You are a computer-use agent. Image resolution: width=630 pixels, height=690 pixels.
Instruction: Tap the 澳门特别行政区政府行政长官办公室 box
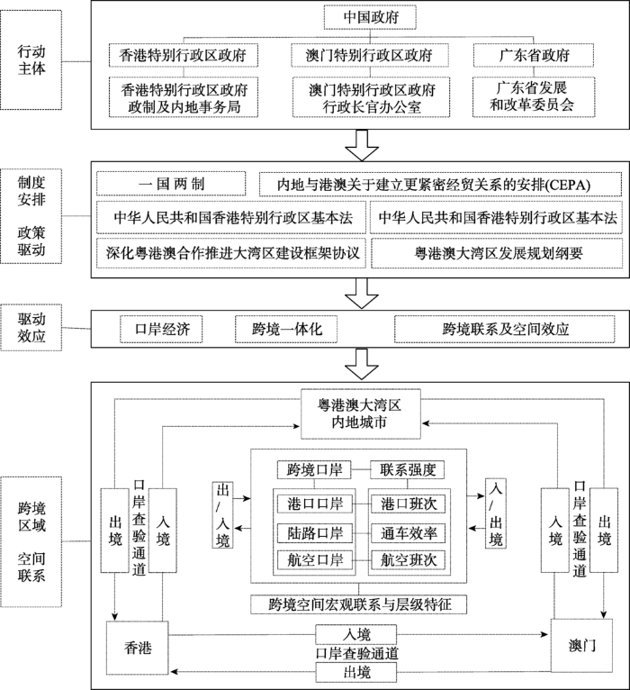(x=372, y=100)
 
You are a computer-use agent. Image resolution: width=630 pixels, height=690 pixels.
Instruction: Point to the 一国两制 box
(x=171, y=185)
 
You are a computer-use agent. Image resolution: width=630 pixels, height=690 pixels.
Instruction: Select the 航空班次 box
(x=408, y=560)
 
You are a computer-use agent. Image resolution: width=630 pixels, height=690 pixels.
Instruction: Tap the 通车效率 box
(x=408, y=531)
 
